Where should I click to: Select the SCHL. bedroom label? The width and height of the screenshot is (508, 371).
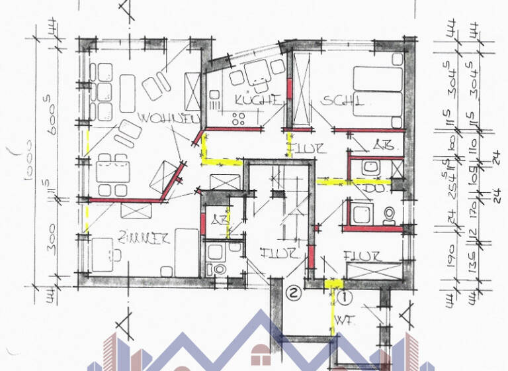coord(343,101)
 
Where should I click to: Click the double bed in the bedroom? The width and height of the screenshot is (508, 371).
coord(377,92)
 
